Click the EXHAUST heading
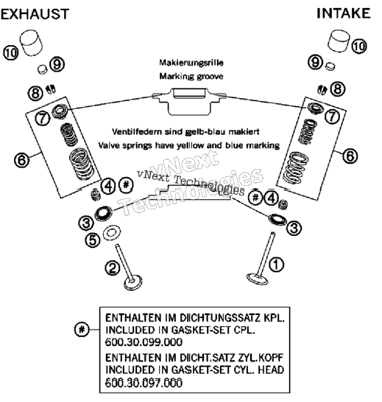[35, 14]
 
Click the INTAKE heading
[344, 13]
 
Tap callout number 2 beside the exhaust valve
[113, 268]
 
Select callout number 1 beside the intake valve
[276, 264]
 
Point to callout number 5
[93, 240]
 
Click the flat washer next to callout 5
[112, 233]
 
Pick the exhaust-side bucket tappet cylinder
[31, 43]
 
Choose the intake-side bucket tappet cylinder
[339, 41]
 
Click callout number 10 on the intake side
[359, 46]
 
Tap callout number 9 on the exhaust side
[57, 64]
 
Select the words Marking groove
[191, 76]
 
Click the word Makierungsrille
[191, 63]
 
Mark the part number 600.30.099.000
[144, 342]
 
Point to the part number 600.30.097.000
[144, 383]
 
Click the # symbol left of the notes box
[82, 329]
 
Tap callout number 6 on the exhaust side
[22, 160]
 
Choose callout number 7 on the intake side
[332, 117]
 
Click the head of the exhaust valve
[132, 283]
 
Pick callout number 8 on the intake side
[338, 89]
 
